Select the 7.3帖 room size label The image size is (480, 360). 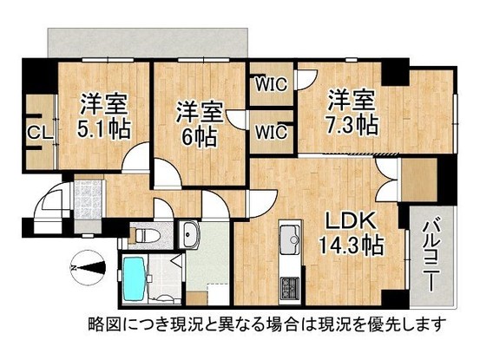pyautogui.click(x=352, y=123)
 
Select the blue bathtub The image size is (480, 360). pyautogui.click(x=139, y=279)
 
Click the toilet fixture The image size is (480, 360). pyautogui.click(x=144, y=232)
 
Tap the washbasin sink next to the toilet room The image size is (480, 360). pyautogui.click(x=190, y=232)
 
